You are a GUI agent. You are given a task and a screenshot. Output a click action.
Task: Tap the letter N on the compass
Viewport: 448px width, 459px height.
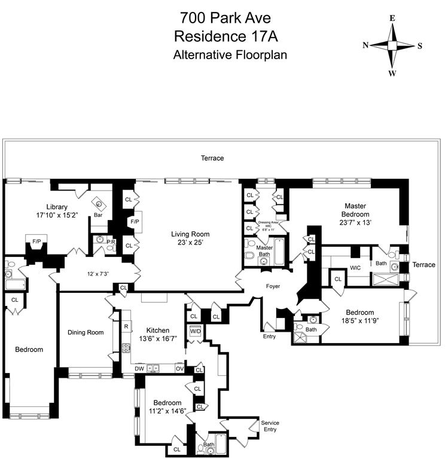tap(365, 45)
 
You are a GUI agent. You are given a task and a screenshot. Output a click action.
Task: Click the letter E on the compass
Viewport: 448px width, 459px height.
tap(392, 18)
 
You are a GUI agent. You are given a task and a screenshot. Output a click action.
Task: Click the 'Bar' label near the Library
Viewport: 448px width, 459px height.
tap(97, 215)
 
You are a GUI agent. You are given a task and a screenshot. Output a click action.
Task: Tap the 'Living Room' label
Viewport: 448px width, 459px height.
tap(191, 234)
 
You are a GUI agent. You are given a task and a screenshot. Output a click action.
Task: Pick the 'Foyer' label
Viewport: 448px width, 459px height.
tap(273, 286)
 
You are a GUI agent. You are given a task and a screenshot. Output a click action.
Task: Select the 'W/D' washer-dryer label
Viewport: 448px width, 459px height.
tap(196, 331)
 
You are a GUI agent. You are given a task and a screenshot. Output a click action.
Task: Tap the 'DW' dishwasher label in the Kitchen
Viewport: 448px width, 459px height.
tap(139, 369)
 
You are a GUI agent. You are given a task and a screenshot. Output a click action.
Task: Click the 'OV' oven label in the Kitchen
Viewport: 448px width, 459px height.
tap(179, 369)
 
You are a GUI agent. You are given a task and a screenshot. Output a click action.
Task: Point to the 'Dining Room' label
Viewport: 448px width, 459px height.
tap(86, 332)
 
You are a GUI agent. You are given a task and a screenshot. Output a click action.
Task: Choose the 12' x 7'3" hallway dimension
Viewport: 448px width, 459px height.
tap(97, 274)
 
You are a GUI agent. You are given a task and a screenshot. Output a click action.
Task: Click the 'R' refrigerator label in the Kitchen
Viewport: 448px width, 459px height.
tap(126, 326)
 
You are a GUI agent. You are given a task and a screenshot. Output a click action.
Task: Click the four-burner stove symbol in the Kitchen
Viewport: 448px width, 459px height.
tap(127, 348)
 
